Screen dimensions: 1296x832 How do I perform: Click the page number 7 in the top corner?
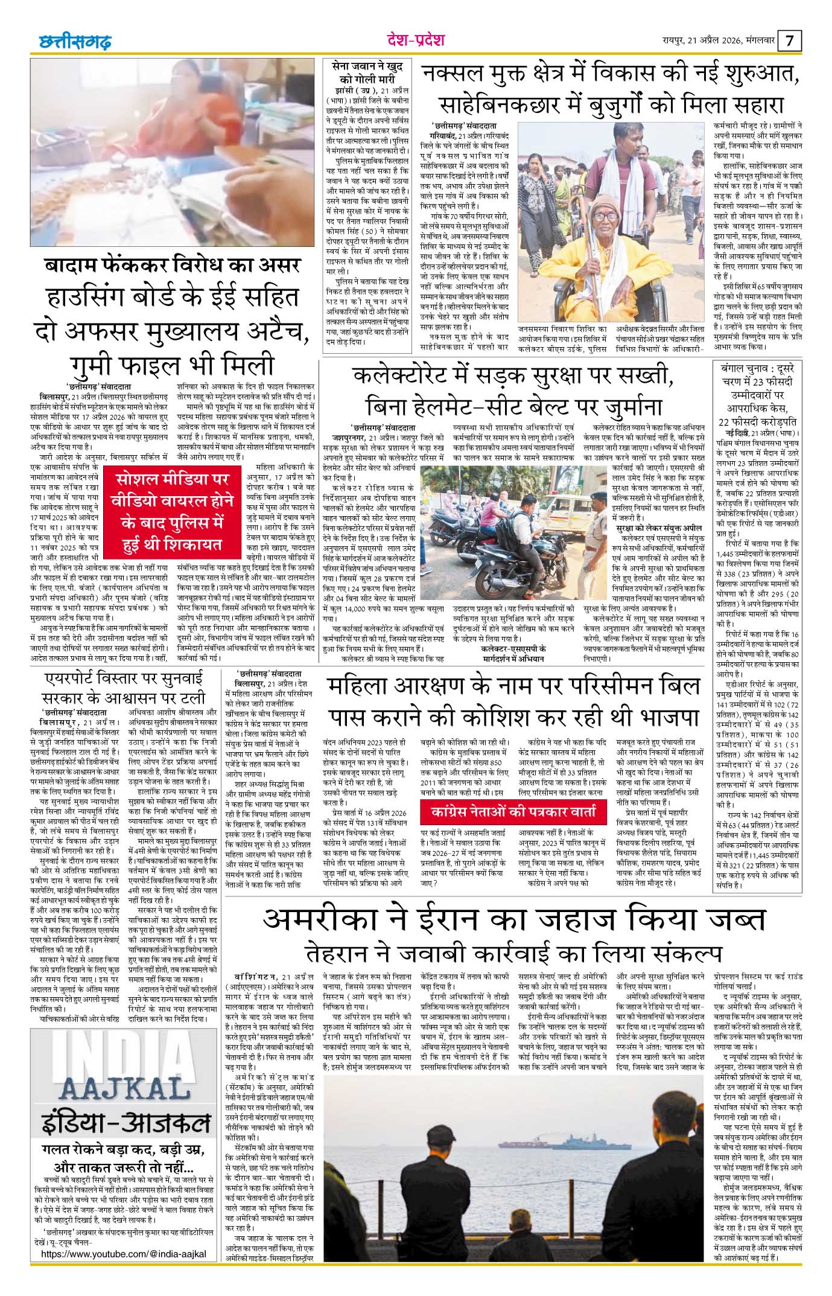pyautogui.click(x=791, y=41)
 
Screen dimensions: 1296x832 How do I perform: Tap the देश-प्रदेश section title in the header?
pyautogui.click(x=416, y=40)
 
